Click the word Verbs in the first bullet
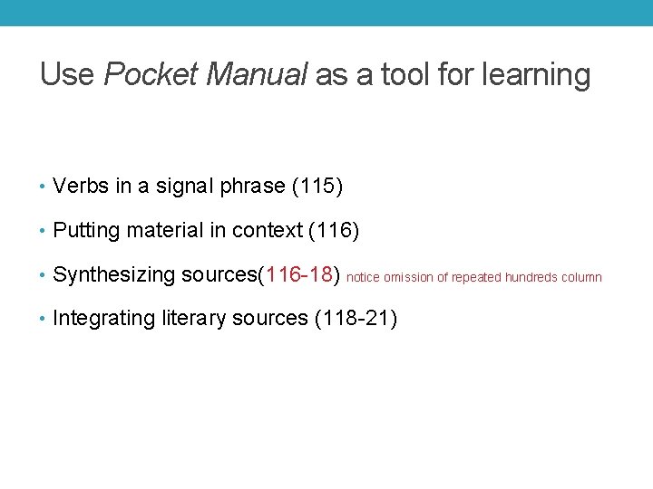[x=82, y=187]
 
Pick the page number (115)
[x=317, y=187]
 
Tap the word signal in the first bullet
[x=188, y=187]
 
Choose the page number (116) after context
[x=334, y=231]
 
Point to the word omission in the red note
[x=407, y=278]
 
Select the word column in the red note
[x=581, y=278]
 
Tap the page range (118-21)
[x=355, y=319]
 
